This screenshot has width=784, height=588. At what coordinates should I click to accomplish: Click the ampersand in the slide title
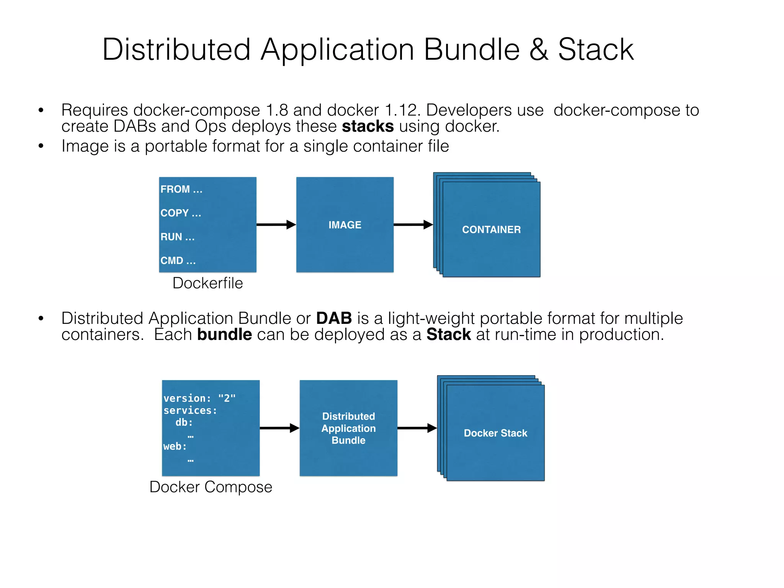pyautogui.click(x=539, y=50)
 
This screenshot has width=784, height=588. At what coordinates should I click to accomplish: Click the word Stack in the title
pyautogui.click(x=596, y=50)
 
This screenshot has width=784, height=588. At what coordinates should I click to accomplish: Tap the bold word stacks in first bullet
pyautogui.click(x=367, y=126)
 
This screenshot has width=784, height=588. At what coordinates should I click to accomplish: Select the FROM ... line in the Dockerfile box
pyautogui.click(x=181, y=189)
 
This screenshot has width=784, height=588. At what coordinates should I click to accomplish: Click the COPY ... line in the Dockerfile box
pyautogui.click(x=181, y=213)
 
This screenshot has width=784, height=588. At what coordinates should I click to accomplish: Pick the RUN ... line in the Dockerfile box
pyautogui.click(x=177, y=237)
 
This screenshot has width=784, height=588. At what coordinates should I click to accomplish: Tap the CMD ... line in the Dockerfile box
pyautogui.click(x=178, y=261)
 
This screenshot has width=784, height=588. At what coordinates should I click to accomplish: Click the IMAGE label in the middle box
pyautogui.click(x=345, y=225)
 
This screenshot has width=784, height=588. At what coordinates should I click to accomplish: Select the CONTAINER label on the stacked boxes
pyautogui.click(x=491, y=229)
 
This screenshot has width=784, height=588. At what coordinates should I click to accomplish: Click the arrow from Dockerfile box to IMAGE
pyautogui.click(x=276, y=225)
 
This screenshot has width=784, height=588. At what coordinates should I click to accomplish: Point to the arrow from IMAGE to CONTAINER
pyautogui.click(x=413, y=225)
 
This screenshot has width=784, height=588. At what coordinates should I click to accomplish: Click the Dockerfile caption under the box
pyautogui.click(x=207, y=283)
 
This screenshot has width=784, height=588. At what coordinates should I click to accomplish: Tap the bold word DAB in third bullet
pyautogui.click(x=334, y=318)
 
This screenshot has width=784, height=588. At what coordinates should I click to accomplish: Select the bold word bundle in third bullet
pyautogui.click(x=224, y=335)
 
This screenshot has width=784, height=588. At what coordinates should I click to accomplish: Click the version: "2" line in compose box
pyautogui.click(x=199, y=398)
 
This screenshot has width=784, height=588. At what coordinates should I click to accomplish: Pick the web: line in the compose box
pyautogui.click(x=175, y=446)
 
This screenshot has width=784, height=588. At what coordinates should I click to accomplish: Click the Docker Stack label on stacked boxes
pyautogui.click(x=495, y=433)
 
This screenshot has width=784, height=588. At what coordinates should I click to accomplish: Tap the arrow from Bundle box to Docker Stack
pyautogui.click(x=417, y=428)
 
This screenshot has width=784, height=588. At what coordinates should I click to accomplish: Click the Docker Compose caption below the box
pyautogui.click(x=211, y=487)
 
